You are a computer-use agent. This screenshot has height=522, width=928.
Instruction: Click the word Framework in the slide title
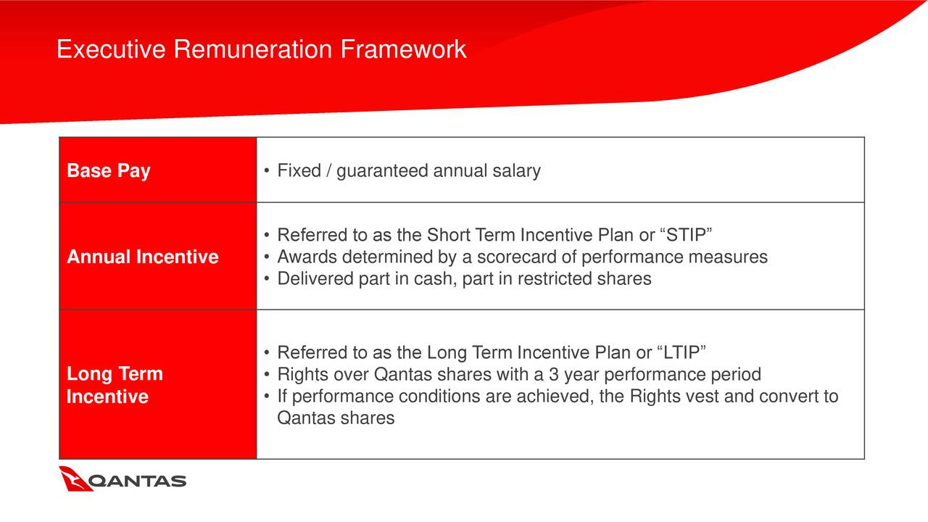click(x=403, y=49)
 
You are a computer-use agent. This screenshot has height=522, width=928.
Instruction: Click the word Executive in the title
click(x=111, y=49)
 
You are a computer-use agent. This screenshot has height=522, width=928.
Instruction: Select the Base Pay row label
click(x=109, y=170)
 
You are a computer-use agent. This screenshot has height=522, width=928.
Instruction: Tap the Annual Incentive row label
click(x=143, y=257)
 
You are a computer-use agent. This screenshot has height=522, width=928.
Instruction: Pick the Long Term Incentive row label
click(x=115, y=385)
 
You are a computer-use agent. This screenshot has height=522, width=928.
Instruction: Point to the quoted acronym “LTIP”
click(x=681, y=352)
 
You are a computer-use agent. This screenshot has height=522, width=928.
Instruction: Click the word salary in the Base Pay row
click(x=516, y=170)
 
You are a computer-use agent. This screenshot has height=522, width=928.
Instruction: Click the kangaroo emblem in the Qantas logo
click(x=75, y=479)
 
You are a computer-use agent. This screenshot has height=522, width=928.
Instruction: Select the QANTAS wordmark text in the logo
click(x=137, y=481)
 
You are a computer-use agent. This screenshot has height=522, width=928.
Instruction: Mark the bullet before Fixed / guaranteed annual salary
click(x=267, y=170)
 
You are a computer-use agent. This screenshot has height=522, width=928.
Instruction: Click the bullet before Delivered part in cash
click(x=267, y=279)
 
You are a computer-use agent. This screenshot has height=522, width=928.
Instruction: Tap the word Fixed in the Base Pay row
click(x=299, y=170)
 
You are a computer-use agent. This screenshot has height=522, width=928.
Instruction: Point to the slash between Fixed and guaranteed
click(x=328, y=170)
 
